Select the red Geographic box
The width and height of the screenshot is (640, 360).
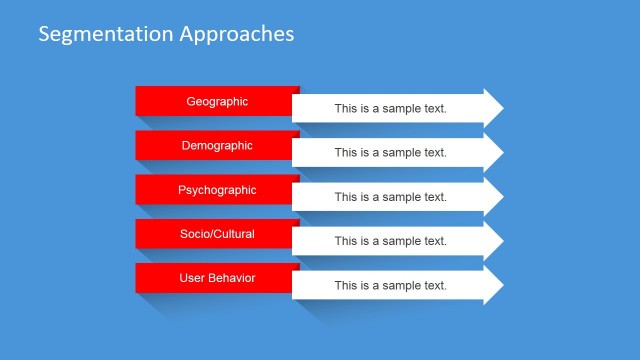tap(217, 101)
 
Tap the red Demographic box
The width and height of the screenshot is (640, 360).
tap(217, 145)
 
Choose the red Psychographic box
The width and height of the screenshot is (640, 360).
tap(217, 189)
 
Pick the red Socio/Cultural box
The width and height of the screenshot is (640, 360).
tap(217, 233)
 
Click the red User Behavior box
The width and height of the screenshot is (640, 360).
tap(217, 277)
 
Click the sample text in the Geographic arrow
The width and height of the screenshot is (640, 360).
tap(390, 109)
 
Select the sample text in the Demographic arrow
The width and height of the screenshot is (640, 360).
tap(390, 153)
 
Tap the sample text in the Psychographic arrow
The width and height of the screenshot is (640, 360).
tap(390, 197)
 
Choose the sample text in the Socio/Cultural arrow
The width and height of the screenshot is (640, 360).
tap(390, 241)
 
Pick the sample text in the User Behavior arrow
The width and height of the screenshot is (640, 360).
tap(390, 286)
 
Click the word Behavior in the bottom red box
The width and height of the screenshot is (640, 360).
tap(231, 277)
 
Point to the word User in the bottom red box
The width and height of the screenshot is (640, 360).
tap(192, 277)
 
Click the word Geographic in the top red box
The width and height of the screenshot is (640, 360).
tap(217, 101)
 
